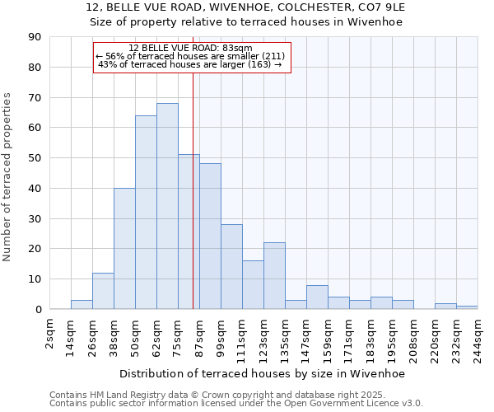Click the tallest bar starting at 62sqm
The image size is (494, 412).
coord(167,206)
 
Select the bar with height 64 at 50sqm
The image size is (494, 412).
coord(146,213)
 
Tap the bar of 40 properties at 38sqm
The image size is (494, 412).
coord(124,249)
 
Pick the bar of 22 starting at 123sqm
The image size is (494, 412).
coord(274,276)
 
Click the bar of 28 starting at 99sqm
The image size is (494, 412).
coord(231,267)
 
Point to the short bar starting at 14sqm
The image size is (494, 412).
coord(82,305)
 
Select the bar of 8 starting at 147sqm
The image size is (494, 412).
coord(317,297)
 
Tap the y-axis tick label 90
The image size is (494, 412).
coord(35,37)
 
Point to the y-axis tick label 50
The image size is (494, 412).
coord(35,158)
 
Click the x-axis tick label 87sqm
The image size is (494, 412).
coord(199,336)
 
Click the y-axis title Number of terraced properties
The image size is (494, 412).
coord(7,176)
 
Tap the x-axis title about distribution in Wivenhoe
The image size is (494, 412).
coord(262,373)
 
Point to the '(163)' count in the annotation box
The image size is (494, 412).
coord(259,64)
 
